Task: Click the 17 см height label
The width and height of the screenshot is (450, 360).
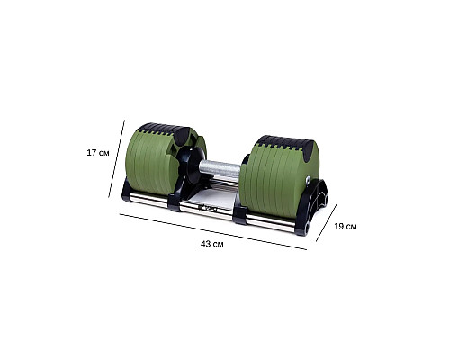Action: [x=98, y=153]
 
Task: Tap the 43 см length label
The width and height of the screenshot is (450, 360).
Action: [x=212, y=244]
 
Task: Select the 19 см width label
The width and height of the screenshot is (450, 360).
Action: [x=346, y=227]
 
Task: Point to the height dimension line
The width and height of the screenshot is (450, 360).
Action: [x=116, y=158]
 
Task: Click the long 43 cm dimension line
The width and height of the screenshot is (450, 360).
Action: [x=213, y=231]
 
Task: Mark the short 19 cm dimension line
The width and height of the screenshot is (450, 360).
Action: [x=327, y=223]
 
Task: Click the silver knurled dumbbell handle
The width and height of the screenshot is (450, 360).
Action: [x=220, y=168]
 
